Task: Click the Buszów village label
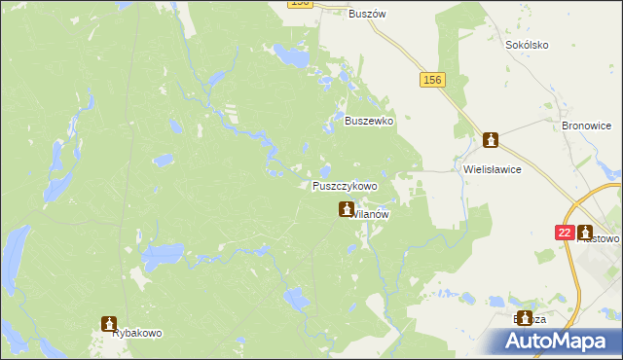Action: [369, 14]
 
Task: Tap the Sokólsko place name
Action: [528, 45]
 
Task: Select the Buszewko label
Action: [369, 122]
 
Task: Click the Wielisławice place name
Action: [493, 168]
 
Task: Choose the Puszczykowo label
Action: [345, 186]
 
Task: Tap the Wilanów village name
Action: [371, 215]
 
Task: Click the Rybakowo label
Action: [136, 333]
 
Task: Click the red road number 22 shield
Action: [565, 233]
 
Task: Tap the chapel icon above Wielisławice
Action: [493, 142]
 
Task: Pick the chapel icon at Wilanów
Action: [347, 209]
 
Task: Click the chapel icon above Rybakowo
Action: [110, 323]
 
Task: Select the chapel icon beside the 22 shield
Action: [585, 233]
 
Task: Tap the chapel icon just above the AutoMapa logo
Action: [526, 318]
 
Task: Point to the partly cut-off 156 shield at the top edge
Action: [300, 4]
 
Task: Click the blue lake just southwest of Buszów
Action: [289, 54]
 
